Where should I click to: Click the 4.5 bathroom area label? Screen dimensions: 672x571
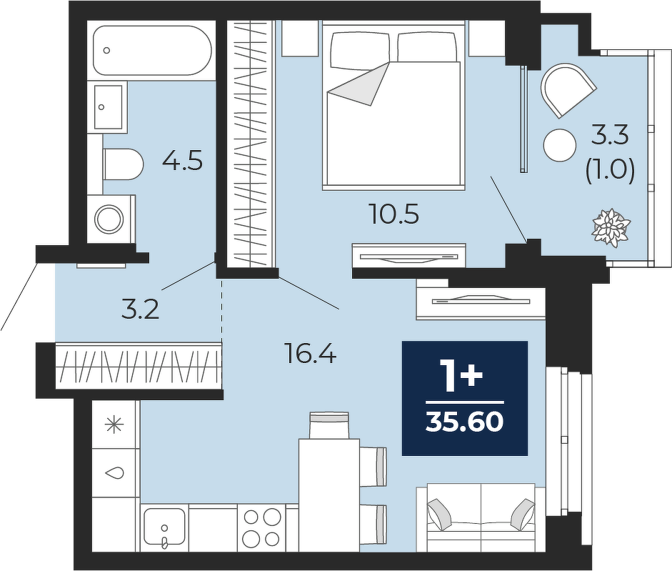182,161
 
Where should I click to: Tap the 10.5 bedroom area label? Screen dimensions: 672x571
395,214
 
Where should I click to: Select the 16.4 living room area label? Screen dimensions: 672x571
310,354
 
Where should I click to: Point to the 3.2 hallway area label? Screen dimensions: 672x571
140,309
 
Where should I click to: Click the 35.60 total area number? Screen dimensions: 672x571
464,422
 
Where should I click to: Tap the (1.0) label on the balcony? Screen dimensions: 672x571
610,172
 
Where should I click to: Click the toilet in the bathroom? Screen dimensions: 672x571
124,164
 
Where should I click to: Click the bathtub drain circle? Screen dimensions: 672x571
106,50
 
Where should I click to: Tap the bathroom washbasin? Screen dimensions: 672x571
109,106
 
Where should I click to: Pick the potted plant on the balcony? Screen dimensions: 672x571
611,227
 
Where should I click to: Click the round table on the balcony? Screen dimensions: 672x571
560,145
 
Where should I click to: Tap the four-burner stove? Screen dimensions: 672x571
261,527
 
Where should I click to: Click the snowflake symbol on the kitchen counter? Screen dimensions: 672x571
115,425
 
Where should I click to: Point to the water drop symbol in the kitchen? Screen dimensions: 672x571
115,473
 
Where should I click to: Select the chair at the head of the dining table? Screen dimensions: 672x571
329,425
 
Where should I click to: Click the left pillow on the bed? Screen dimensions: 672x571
360,50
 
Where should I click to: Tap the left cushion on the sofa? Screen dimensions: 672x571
440,513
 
